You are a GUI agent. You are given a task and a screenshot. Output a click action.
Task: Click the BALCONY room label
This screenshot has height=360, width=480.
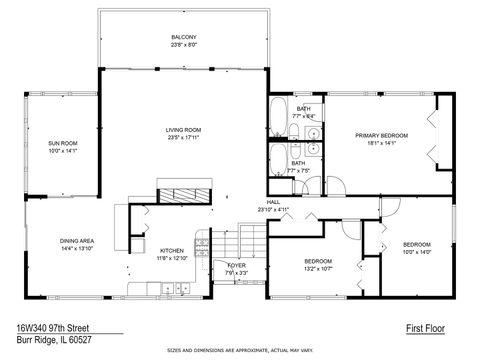tap(183, 37)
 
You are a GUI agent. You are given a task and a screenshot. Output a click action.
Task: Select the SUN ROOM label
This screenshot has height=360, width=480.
tap(62, 143)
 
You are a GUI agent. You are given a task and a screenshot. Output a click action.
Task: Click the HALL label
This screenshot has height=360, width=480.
tap(272, 202)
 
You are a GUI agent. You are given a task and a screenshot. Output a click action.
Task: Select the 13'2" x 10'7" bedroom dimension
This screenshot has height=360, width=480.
tap(323, 268)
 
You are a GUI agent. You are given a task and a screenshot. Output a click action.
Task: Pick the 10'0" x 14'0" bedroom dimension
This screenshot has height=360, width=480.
tap(417, 252)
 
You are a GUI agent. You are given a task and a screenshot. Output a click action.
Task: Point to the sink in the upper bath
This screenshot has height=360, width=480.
tap(313, 132)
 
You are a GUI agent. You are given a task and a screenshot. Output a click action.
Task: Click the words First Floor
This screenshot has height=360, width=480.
tap(424, 327)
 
